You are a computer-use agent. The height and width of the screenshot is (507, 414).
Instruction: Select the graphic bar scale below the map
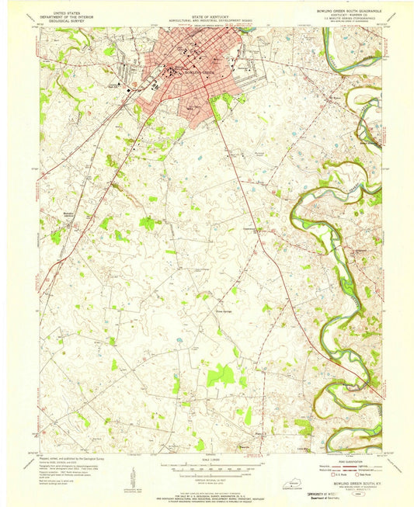click(207, 469)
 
